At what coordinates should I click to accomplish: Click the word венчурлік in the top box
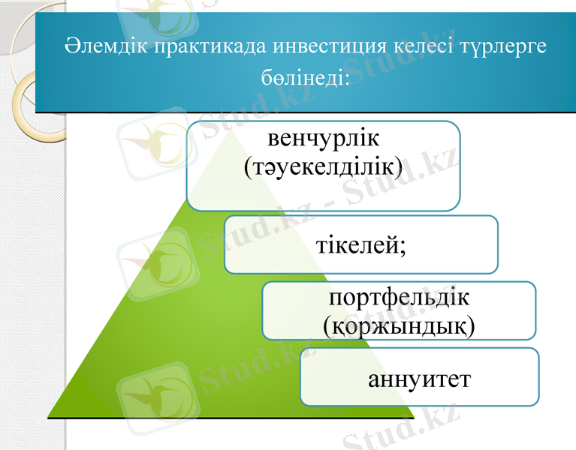click(x=324, y=139)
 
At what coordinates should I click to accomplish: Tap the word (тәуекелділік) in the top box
click(x=324, y=166)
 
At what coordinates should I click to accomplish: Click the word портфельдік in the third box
click(x=400, y=298)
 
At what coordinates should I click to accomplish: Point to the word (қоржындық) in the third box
click(x=399, y=325)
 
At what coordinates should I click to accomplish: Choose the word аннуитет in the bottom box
click(x=420, y=378)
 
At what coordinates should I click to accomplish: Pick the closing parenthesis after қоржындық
click(x=471, y=326)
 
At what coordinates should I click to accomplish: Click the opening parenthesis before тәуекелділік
click(x=249, y=167)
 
